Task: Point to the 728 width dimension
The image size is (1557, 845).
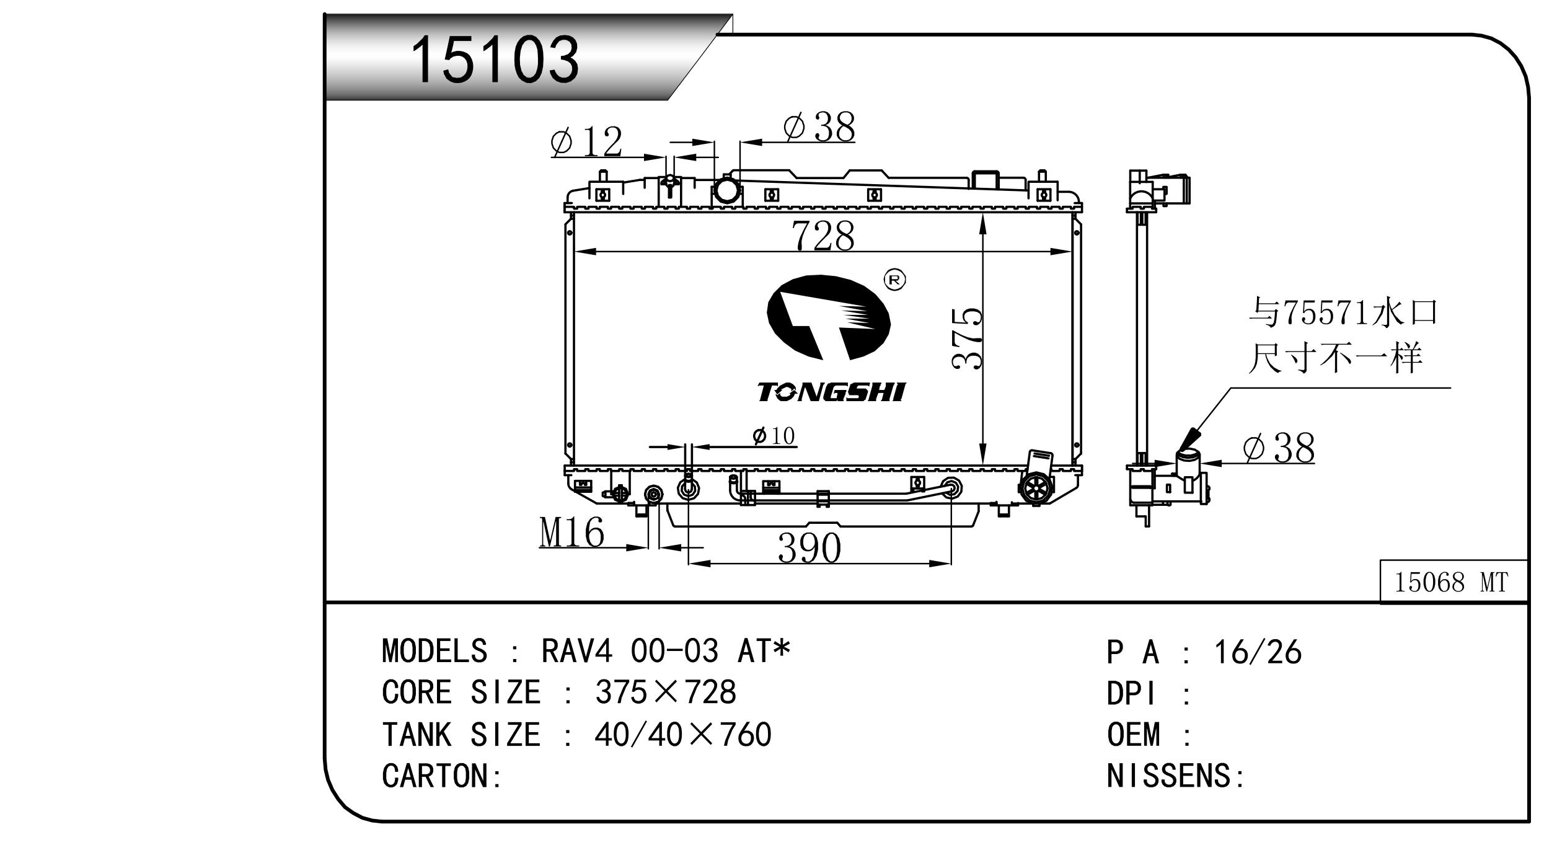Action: click(823, 236)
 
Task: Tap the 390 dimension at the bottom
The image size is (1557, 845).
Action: click(809, 547)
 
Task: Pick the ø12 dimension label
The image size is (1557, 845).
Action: click(586, 142)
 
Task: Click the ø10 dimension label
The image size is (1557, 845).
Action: click(774, 436)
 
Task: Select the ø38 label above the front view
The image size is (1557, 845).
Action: click(819, 127)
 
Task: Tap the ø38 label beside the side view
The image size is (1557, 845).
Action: click(1279, 448)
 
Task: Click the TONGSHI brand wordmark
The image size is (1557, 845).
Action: click(831, 392)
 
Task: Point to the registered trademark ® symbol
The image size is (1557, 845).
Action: click(894, 280)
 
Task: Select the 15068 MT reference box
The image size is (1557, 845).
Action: click(1453, 581)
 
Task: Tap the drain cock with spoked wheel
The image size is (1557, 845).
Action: click(1036, 489)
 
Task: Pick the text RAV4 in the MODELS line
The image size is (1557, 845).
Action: click(577, 651)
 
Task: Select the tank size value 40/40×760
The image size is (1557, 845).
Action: click(683, 735)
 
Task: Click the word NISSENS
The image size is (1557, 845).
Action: click(1168, 776)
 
